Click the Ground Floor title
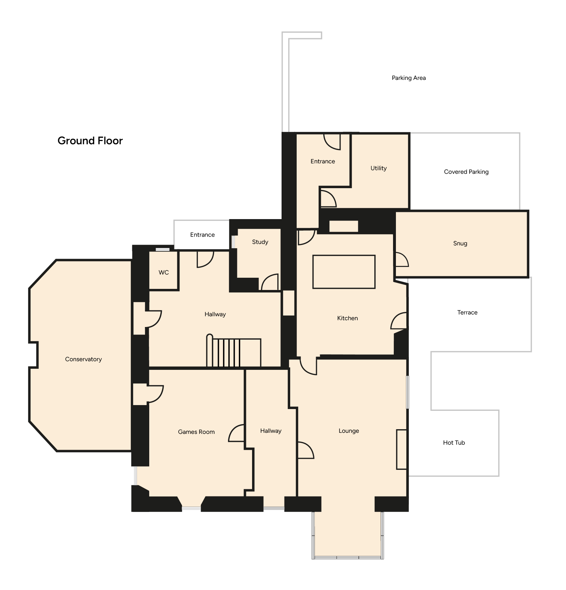point(90,141)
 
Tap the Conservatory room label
point(83,359)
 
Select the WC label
point(164,272)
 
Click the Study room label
point(260,242)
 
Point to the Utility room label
point(379,168)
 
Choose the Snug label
point(460,244)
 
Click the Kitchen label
point(347,318)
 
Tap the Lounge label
point(349,431)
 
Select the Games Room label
point(196,432)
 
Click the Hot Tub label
point(454,442)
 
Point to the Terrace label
point(467,312)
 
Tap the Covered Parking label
point(466,172)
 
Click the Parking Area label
point(409,78)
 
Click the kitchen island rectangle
point(344,272)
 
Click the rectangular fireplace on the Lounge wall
point(402,449)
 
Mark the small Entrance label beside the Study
point(202,235)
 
